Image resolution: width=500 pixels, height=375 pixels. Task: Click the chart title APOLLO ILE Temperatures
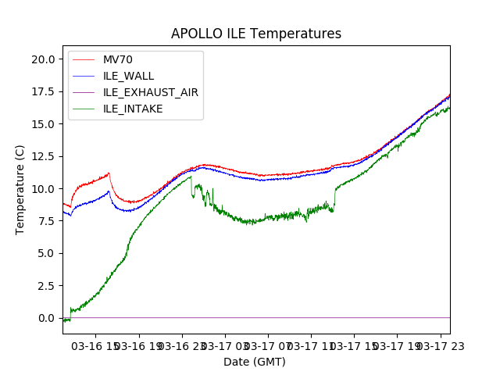click(x=256, y=34)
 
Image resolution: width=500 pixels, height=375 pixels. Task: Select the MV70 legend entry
click(x=118, y=59)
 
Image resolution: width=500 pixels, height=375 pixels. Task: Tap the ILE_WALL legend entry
click(x=128, y=76)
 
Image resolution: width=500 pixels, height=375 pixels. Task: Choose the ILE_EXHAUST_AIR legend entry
click(x=150, y=92)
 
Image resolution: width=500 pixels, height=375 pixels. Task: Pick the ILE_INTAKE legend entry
click(x=133, y=109)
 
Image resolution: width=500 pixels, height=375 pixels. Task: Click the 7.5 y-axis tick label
click(x=45, y=221)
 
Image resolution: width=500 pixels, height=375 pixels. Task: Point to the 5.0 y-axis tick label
click(x=45, y=253)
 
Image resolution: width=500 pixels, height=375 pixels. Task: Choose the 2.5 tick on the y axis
click(x=45, y=286)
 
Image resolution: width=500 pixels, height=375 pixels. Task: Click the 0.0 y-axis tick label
click(x=45, y=318)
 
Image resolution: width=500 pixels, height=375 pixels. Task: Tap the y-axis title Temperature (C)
click(x=20, y=190)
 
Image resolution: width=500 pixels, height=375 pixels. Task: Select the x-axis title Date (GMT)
click(x=255, y=362)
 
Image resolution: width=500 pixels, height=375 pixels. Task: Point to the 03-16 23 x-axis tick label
click(x=181, y=346)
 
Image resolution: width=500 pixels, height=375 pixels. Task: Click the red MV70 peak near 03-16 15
click(x=109, y=173)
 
